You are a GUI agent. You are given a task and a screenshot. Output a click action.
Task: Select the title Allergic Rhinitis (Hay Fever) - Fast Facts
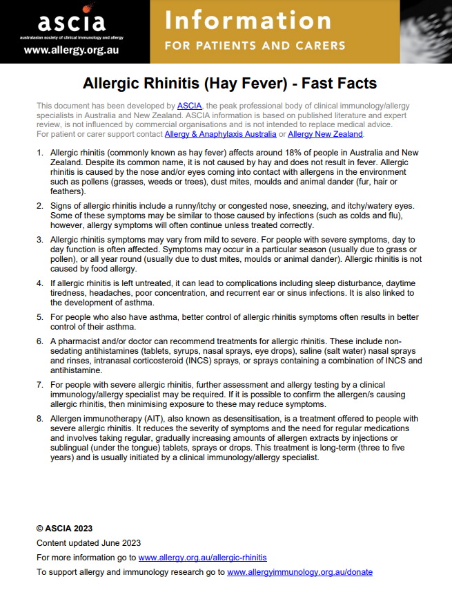pos(230,84)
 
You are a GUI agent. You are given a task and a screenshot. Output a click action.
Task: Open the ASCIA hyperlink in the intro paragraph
pos(189,106)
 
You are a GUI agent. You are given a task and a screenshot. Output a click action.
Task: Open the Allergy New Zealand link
pos(325,133)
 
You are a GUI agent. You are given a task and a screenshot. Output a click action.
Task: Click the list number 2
pos(39,206)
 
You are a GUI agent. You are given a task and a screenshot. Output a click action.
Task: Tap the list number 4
pos(39,283)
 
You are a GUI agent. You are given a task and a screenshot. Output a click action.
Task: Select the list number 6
pos(39,341)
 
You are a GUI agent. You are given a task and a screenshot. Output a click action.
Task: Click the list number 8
pos(39,419)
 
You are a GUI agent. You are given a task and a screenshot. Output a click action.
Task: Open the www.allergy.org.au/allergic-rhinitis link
pos(202,557)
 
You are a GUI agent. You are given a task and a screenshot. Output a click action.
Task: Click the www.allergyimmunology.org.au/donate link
pos(299,572)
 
